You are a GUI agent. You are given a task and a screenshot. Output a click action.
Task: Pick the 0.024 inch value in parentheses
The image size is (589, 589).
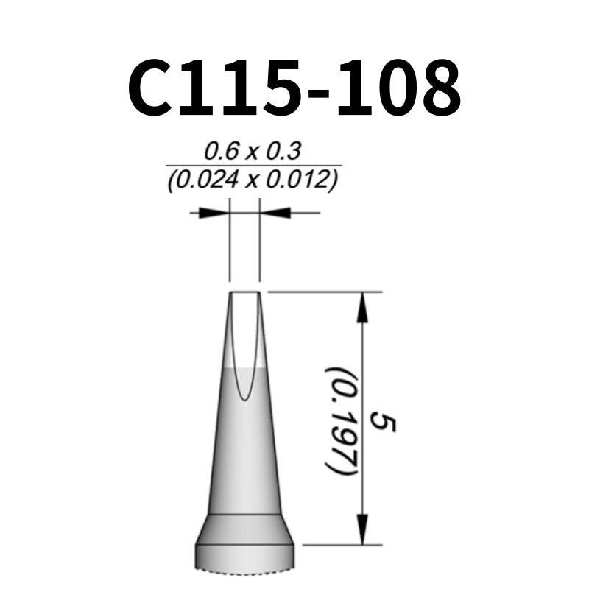[x=203, y=180]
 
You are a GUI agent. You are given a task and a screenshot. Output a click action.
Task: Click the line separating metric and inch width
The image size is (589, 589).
[x=253, y=166]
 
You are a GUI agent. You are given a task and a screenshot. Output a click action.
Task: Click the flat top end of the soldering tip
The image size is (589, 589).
[x=245, y=293]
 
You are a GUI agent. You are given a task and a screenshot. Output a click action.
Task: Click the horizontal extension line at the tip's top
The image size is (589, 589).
[x=324, y=292]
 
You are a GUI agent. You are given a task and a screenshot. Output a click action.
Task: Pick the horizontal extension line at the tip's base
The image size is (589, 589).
[x=342, y=546]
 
